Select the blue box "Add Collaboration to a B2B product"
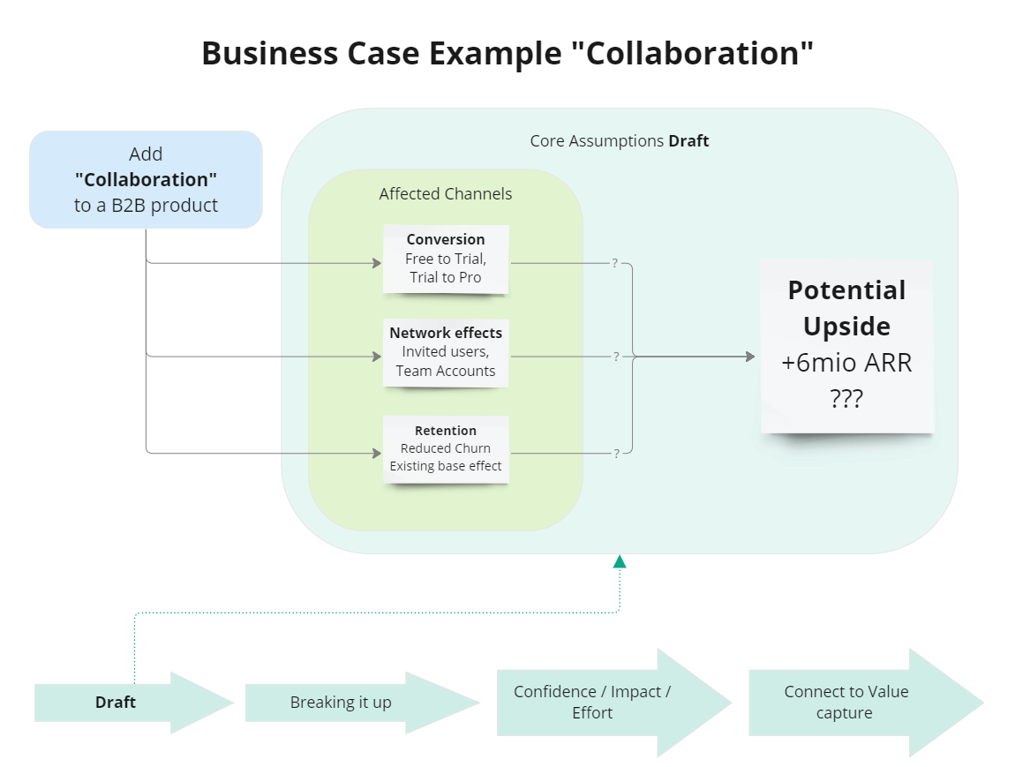(x=146, y=179)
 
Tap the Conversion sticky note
(x=446, y=258)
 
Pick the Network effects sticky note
(x=446, y=351)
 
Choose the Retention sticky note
(x=446, y=448)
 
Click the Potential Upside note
(x=847, y=344)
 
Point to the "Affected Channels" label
(x=446, y=194)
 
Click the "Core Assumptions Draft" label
(x=619, y=141)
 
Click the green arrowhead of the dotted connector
(x=620, y=561)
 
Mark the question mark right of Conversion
(x=614, y=263)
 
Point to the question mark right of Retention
(x=615, y=454)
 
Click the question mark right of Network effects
(x=615, y=357)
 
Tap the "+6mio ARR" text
(x=846, y=363)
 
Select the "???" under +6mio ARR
(x=846, y=398)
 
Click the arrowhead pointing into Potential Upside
(x=750, y=357)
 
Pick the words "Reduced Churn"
(x=446, y=448)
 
